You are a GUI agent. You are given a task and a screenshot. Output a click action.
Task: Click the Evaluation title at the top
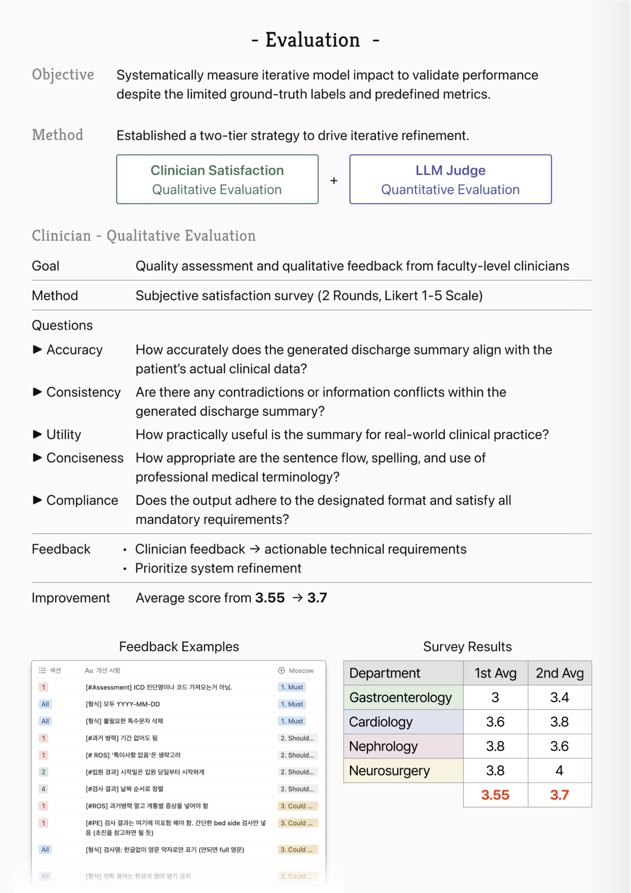[x=313, y=40]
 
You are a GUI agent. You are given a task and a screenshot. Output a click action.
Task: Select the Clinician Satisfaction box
[x=217, y=179]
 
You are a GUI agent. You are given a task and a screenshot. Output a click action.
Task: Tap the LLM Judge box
[x=450, y=179]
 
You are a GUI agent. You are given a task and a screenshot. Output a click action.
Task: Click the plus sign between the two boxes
[x=334, y=181]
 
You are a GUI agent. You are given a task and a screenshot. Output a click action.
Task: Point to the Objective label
[x=63, y=75]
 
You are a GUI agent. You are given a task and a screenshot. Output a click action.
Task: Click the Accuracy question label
[x=74, y=350]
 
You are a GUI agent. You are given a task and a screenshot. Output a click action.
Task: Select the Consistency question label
[x=83, y=392]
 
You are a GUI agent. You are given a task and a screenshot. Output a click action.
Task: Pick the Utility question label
[x=64, y=435]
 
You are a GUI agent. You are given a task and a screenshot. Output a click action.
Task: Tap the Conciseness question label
[x=85, y=458]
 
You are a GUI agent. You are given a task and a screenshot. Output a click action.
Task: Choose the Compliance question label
[x=82, y=501]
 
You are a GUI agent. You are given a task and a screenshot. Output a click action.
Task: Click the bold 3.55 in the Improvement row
[x=270, y=598]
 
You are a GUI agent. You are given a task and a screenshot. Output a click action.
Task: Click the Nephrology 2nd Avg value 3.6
[x=559, y=746]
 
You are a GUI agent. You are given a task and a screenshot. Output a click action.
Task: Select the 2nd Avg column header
[x=559, y=673]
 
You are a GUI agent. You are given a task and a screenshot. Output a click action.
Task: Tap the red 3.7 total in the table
[x=559, y=795]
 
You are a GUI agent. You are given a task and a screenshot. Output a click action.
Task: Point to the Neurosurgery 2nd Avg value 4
[x=559, y=771]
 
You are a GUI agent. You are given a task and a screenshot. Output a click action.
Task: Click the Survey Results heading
[x=467, y=647]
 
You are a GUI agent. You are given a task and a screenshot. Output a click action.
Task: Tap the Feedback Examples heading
[x=179, y=647]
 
